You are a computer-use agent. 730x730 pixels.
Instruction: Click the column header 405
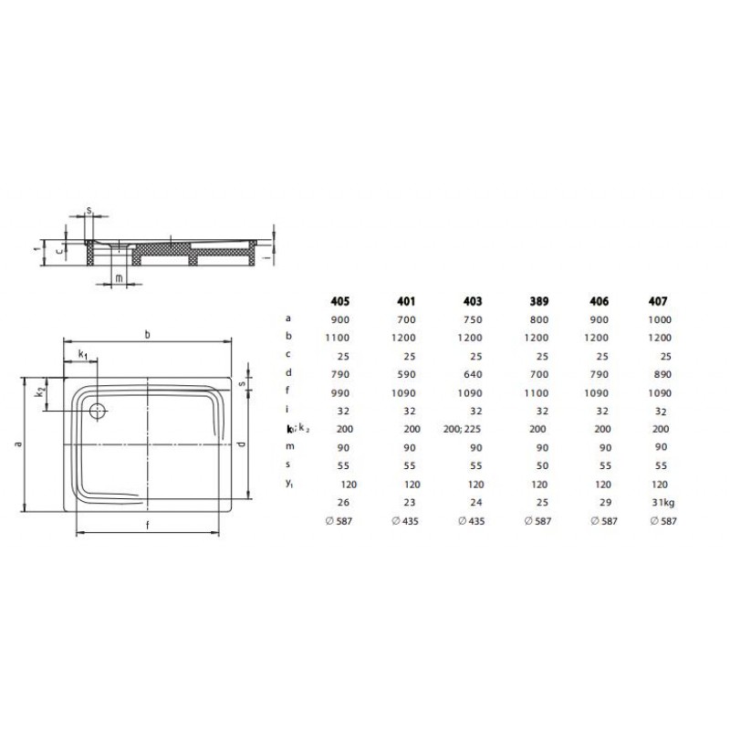pos(339,301)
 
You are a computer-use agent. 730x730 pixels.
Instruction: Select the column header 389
pos(539,301)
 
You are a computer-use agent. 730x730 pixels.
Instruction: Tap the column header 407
pos(658,301)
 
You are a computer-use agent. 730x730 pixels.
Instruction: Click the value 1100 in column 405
pos(338,338)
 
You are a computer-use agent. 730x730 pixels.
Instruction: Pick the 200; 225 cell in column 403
pos(462,429)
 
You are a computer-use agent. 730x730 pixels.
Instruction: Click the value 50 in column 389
pos(542,465)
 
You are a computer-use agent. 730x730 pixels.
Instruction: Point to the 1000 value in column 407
pos(660,319)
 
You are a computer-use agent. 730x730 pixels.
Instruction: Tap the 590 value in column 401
pos(406,374)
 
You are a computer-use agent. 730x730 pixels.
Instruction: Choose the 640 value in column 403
pos(473,374)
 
